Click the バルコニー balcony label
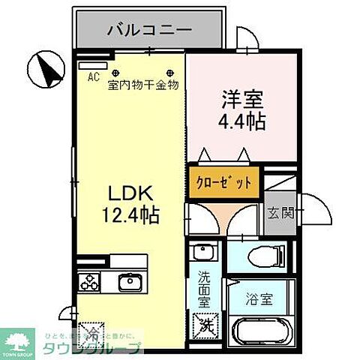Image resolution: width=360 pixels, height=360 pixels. (148, 31)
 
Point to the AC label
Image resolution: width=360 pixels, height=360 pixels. (93, 76)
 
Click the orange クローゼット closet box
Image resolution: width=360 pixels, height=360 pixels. (224, 183)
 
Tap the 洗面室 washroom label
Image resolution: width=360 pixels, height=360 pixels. (204, 288)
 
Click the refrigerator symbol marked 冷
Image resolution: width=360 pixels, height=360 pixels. (92, 329)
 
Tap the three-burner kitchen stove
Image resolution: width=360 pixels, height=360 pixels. (90, 283)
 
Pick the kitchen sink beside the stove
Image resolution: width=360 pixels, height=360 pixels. (129, 282)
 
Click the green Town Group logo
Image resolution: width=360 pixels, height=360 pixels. (17, 344)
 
